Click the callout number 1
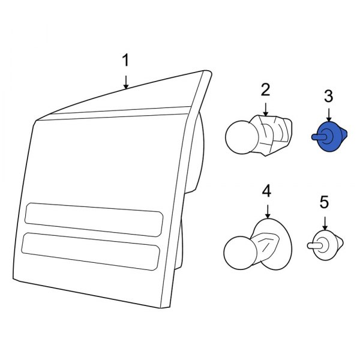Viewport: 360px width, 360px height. [125, 61]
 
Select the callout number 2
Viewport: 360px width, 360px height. [265, 90]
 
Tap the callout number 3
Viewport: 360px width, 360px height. [329, 97]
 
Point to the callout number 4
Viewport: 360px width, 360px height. [266, 191]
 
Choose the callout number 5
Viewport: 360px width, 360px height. [324, 202]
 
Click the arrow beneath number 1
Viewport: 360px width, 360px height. [125, 82]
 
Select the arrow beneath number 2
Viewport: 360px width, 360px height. [266, 110]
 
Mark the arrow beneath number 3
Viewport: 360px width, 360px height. [329, 115]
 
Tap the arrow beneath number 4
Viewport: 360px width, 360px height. [268, 211]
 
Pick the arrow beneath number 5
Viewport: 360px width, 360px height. [325, 223]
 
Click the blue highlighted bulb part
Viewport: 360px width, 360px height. [329, 137]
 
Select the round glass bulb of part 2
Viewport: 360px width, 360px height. [241, 137]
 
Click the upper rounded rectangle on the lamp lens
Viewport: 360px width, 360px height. [94, 220]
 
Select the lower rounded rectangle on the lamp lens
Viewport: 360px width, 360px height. [91, 251]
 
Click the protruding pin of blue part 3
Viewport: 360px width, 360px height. [319, 137]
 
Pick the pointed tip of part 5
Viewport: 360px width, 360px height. [343, 242]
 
